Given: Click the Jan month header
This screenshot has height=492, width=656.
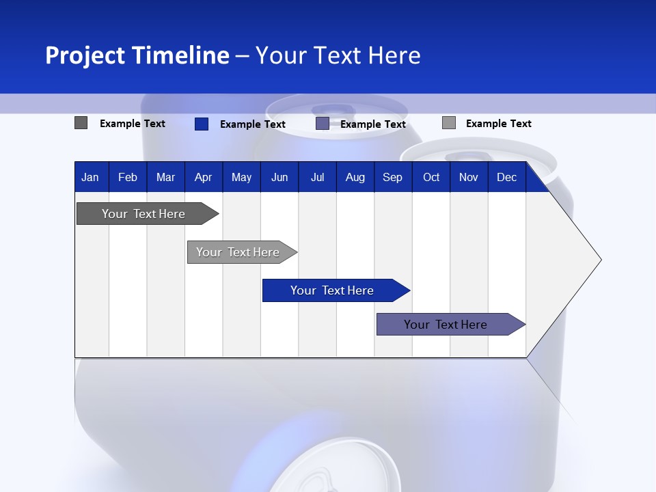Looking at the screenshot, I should (x=90, y=177).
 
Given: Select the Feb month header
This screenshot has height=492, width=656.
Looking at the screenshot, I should (x=128, y=177).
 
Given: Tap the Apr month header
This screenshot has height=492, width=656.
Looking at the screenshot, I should (x=203, y=177).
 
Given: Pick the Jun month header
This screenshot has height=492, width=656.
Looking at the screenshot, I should (x=279, y=177).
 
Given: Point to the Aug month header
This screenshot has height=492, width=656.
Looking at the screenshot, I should (x=355, y=177).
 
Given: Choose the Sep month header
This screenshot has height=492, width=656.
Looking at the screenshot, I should (x=393, y=177).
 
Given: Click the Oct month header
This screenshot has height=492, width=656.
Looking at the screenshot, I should (x=431, y=177).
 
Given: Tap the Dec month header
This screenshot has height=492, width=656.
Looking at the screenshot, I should (x=507, y=177).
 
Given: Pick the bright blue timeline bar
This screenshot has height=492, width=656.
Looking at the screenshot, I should (x=333, y=290).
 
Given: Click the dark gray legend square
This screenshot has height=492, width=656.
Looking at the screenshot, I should (x=81, y=123).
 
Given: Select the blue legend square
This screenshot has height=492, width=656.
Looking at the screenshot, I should (x=202, y=124).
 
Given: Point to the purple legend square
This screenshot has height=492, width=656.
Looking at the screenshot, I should (x=323, y=123).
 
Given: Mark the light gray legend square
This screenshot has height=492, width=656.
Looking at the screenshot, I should (x=449, y=123).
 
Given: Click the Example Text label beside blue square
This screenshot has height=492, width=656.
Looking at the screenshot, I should (x=253, y=124).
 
